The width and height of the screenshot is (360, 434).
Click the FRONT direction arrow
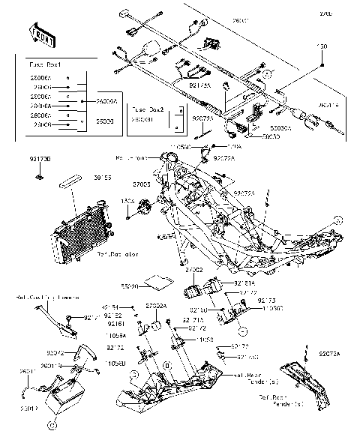(43, 31)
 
